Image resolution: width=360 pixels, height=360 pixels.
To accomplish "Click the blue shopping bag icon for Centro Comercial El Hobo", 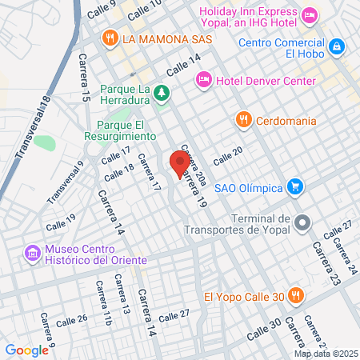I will click(338, 46).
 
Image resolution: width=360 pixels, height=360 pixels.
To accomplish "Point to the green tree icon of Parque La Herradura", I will click(162, 93).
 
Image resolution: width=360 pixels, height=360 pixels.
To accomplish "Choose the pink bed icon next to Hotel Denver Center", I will click(203, 79).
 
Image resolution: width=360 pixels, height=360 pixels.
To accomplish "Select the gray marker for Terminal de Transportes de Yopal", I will click(302, 222).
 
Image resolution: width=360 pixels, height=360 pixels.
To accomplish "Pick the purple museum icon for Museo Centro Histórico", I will click(33, 254).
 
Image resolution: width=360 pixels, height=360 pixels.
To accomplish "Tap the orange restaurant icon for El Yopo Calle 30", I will click(295, 296).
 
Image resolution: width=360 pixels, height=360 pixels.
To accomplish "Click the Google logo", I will click(27, 350).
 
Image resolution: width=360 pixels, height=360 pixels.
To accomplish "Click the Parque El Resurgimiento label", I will click(119, 130).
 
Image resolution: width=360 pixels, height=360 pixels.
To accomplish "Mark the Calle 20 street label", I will click(227, 154).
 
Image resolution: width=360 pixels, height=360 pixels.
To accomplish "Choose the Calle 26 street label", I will click(71, 320).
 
